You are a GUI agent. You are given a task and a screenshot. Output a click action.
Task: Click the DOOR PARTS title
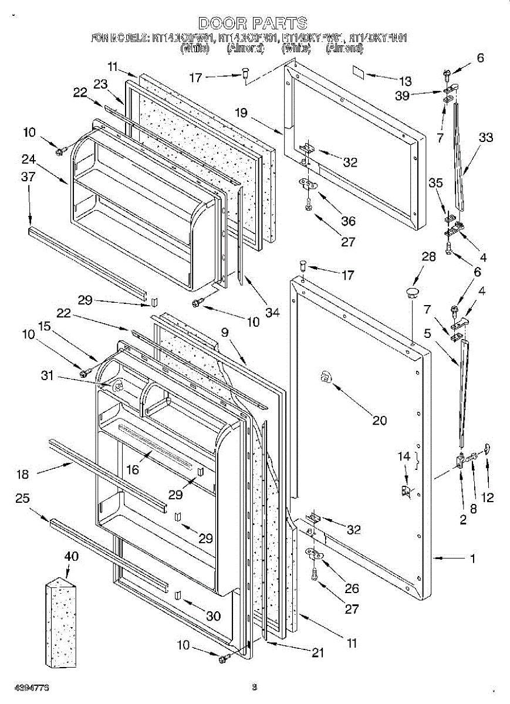252,23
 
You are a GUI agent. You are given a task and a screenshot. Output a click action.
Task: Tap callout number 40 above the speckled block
70,556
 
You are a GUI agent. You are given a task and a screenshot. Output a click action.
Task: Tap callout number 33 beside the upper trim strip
485,138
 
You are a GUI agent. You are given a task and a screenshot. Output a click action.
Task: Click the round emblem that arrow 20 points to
325,380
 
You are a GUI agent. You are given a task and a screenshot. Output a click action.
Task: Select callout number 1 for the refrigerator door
472,559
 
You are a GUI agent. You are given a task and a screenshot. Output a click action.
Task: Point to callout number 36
348,221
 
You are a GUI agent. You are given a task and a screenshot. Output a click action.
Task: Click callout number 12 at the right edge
487,498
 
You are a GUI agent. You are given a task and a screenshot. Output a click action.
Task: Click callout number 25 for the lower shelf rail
22,499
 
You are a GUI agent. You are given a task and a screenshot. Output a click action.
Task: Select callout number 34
272,312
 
